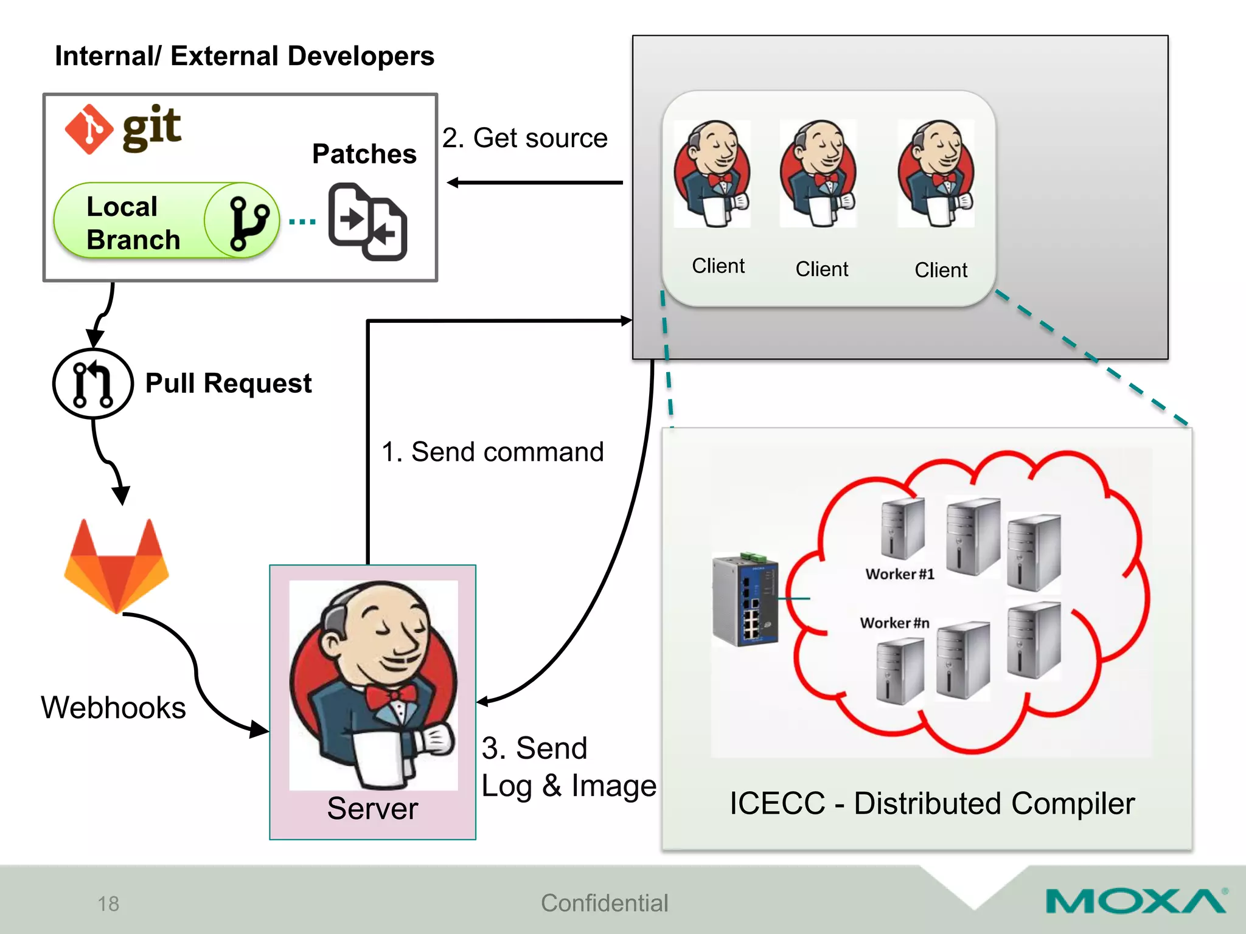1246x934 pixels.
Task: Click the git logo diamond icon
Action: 89,129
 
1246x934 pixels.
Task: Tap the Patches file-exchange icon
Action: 367,222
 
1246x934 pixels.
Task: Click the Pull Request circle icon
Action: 92,384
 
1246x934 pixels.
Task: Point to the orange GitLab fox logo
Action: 116,566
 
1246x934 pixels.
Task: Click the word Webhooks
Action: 113,708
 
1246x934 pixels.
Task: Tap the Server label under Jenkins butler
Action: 372,809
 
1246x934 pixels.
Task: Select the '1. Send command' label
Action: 492,452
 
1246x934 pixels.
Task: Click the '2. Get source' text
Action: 524,138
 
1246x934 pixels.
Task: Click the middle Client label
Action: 821,269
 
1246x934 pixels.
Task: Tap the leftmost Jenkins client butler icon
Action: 712,173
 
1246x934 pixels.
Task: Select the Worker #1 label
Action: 899,574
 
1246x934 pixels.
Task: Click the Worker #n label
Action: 894,623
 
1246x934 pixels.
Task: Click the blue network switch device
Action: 745,599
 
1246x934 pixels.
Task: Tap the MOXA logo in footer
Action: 1135,901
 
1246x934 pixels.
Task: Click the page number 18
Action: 108,904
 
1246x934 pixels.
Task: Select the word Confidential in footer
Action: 604,903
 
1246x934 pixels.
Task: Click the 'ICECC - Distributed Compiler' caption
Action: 931,803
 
